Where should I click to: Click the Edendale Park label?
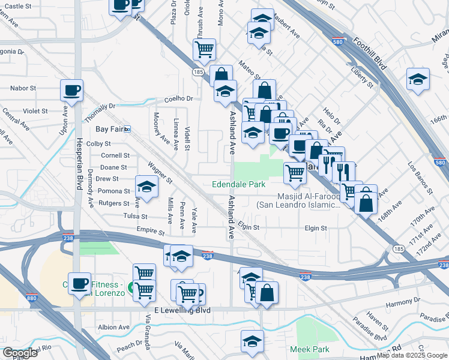(x=238, y=185)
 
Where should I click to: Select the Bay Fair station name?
(x=109, y=129)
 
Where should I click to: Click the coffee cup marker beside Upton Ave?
(x=71, y=91)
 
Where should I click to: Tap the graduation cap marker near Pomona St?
(x=146, y=187)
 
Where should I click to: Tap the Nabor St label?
(x=23, y=88)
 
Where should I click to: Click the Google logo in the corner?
(x=19, y=352)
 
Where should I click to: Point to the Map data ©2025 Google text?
(x=411, y=355)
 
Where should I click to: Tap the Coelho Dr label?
(x=180, y=99)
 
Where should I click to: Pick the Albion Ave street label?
(x=113, y=328)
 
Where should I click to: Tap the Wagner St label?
(x=160, y=172)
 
